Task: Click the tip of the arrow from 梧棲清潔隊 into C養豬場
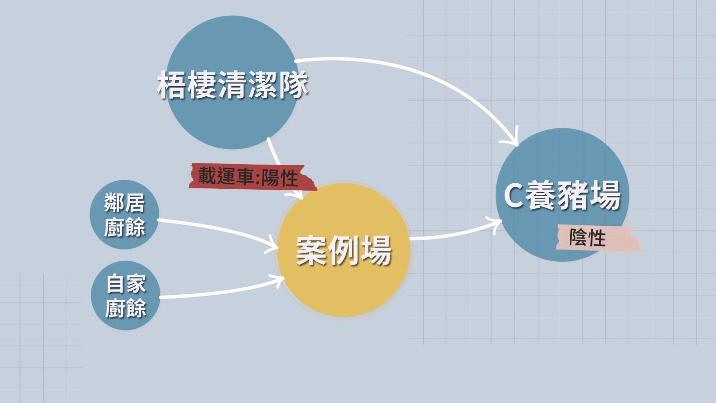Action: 518,145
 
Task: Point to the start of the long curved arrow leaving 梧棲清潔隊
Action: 295,61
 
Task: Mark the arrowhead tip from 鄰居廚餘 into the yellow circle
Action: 278,247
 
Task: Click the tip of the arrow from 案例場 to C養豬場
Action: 502,221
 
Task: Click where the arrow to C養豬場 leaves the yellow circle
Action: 410,238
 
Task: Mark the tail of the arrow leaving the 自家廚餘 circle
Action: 160,297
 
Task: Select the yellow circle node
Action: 343,250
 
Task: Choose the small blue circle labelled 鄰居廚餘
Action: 125,215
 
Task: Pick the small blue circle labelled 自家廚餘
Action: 126,295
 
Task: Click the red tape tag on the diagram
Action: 252,176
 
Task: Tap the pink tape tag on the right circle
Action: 598,238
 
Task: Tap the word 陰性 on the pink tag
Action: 587,238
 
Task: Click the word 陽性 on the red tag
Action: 280,178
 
